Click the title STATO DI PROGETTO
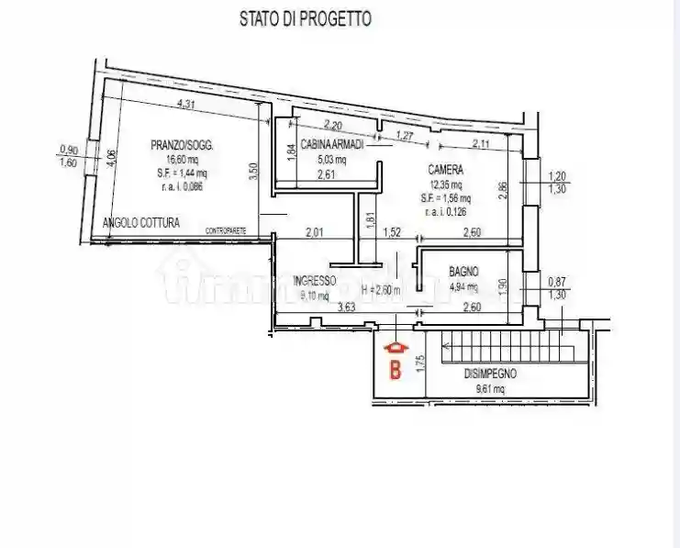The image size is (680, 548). (306, 18)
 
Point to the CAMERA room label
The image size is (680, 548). (445, 170)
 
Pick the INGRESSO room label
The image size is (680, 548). (315, 281)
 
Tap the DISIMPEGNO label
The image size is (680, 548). (490, 374)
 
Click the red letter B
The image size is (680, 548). (396, 371)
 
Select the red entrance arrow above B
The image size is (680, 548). (396, 349)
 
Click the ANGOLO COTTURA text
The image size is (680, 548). (141, 223)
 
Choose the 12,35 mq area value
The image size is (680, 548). (447, 185)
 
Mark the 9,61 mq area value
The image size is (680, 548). (490, 388)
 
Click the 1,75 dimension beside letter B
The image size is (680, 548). (419, 361)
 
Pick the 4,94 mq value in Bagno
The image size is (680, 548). (466, 285)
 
